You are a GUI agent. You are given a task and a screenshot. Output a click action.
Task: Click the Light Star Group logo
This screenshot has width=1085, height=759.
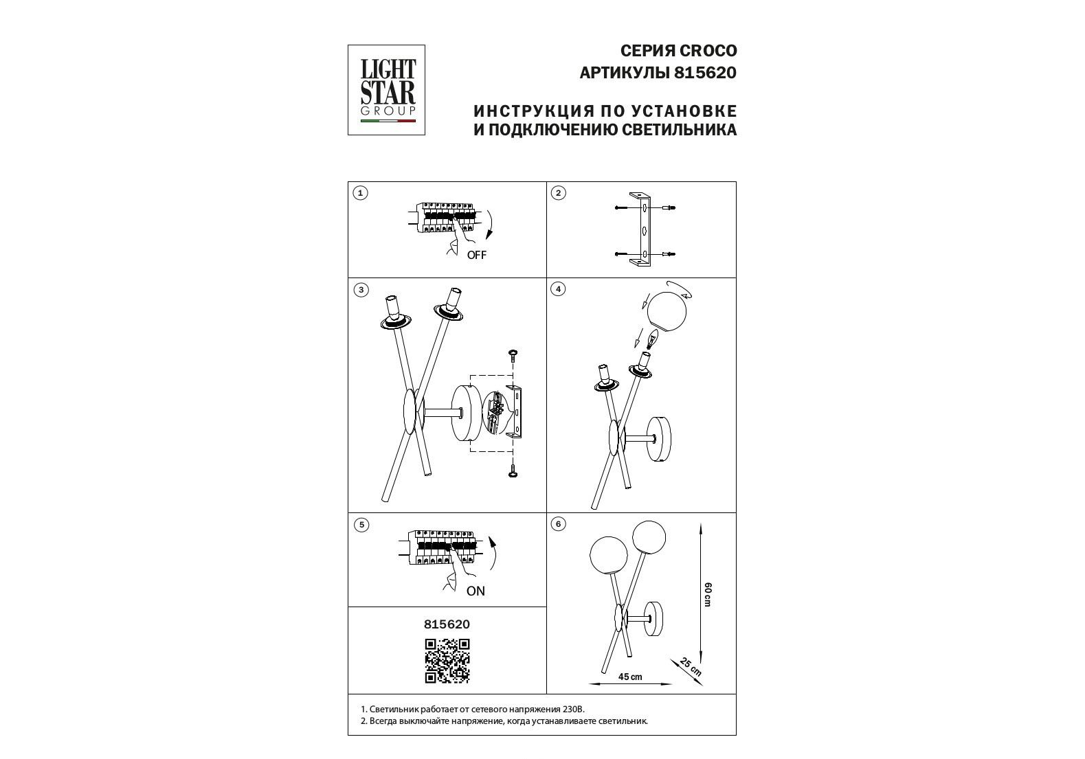click(x=387, y=90)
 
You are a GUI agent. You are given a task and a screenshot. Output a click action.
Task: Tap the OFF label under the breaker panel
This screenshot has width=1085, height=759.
click(x=477, y=255)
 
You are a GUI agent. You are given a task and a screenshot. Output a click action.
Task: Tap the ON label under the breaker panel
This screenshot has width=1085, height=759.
click(x=476, y=591)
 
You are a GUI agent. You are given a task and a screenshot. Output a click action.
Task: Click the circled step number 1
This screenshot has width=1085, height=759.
click(x=360, y=193)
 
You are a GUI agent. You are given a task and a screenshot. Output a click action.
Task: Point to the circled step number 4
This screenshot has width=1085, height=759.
click(x=559, y=289)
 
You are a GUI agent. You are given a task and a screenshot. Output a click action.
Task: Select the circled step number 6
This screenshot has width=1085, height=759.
click(x=559, y=524)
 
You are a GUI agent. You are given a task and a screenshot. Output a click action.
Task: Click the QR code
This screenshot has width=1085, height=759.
click(x=447, y=661)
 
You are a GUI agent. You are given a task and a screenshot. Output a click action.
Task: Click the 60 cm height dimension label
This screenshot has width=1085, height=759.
click(x=708, y=595)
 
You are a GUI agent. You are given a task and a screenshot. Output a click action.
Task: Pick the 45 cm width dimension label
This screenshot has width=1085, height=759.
click(x=630, y=677)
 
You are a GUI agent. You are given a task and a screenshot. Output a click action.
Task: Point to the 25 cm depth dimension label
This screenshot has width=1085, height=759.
click(x=690, y=666)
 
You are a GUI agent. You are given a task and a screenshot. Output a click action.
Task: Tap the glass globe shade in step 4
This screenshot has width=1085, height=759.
click(x=667, y=313)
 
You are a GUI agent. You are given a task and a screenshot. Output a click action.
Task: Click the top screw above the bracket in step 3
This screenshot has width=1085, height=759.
click(x=512, y=354)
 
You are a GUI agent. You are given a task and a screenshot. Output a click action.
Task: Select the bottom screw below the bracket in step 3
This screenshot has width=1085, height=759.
click(x=513, y=471)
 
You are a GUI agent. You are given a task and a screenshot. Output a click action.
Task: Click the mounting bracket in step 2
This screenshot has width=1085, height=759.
click(x=640, y=229)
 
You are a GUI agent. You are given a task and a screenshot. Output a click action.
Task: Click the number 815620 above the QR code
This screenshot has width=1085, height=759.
click(x=447, y=624)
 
